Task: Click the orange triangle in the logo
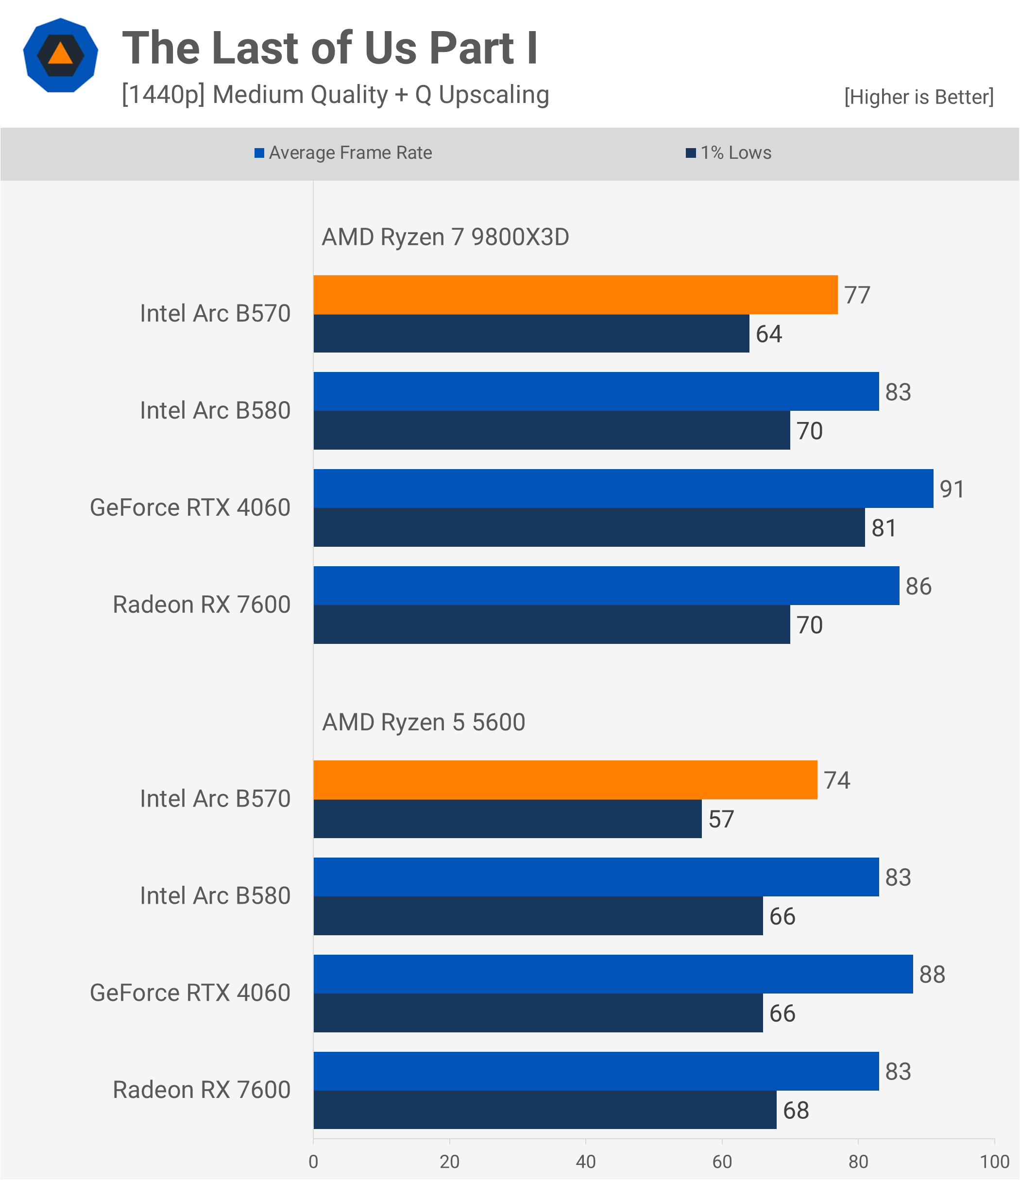(x=60, y=54)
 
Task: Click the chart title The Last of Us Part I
(x=330, y=48)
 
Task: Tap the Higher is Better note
(x=918, y=97)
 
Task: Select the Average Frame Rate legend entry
(x=343, y=152)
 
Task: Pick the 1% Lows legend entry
(x=729, y=152)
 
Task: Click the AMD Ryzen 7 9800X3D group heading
(x=445, y=237)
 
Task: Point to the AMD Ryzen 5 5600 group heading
(x=423, y=722)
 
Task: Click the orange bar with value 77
(x=575, y=295)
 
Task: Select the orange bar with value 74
(x=565, y=780)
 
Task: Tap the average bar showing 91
(x=623, y=489)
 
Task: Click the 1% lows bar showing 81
(x=589, y=527)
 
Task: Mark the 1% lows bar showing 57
(x=507, y=819)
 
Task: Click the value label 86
(x=918, y=586)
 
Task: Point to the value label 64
(x=768, y=334)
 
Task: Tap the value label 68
(x=796, y=1110)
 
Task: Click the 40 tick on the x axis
(x=585, y=1161)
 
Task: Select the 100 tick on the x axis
(x=994, y=1161)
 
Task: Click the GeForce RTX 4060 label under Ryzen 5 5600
(x=190, y=993)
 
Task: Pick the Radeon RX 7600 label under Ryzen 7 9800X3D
(x=202, y=605)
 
